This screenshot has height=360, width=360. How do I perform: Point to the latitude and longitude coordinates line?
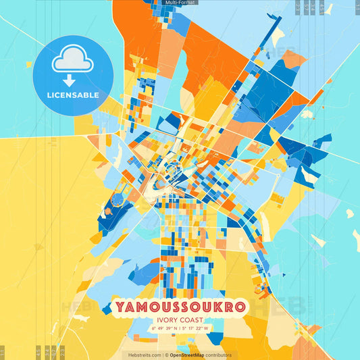(180, 329)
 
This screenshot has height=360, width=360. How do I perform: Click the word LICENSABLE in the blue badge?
(73, 95)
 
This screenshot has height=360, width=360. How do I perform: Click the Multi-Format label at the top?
(180, 3)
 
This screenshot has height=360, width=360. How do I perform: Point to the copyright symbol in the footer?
(165, 355)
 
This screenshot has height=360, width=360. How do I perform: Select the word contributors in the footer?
(220, 355)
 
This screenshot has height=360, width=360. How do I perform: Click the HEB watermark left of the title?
(79, 307)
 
